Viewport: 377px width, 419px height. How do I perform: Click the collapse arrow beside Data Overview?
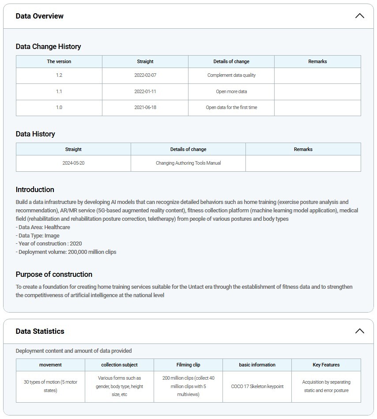[x=359, y=16]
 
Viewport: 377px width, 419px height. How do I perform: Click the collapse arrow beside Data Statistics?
[x=359, y=331]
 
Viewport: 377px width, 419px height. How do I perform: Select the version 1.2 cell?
[x=59, y=75]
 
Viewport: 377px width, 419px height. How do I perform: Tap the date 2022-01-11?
[x=145, y=91]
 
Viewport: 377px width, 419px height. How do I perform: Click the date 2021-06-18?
[x=145, y=107]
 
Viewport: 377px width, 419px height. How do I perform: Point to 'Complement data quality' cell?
[x=231, y=75]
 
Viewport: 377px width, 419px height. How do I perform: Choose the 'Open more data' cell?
[x=231, y=91]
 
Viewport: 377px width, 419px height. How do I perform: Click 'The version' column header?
[x=59, y=61]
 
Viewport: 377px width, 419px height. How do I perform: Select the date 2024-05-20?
[x=73, y=163]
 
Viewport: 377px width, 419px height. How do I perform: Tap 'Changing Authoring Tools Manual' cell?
[x=188, y=163]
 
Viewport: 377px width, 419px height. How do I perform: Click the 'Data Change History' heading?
[x=48, y=46]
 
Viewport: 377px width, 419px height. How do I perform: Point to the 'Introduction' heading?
[x=35, y=189]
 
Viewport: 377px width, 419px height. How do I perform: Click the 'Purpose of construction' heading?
[x=54, y=274]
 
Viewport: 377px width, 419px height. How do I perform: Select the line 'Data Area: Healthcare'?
[x=43, y=227]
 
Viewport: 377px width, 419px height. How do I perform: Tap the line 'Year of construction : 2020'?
[x=49, y=243]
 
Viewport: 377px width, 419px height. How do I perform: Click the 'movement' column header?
[x=50, y=365]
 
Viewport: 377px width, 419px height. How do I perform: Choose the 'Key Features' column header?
[x=326, y=365]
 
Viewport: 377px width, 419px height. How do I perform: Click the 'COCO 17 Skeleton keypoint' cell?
[x=257, y=386]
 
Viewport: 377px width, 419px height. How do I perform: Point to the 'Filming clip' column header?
[x=188, y=365]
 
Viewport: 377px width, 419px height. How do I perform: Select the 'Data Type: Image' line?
[x=38, y=235]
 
